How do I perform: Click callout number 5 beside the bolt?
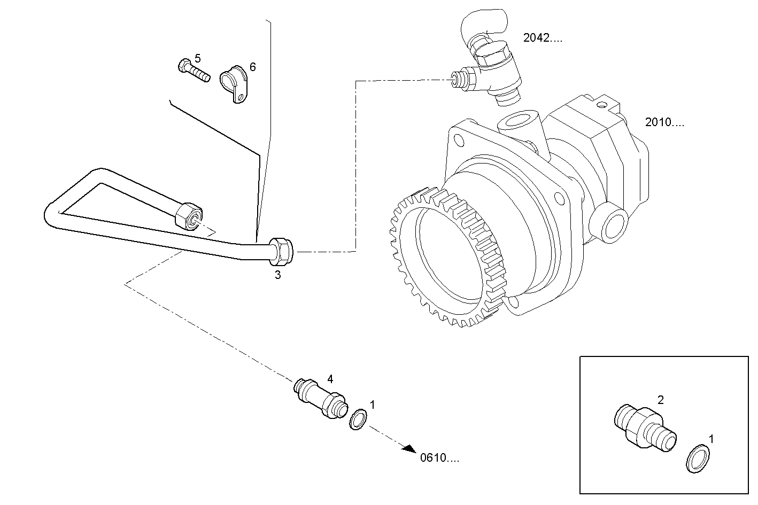[198, 58]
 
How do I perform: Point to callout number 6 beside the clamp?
[252, 67]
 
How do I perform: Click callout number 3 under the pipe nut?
[277, 275]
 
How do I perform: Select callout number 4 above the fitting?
[330, 379]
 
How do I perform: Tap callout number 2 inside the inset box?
[661, 400]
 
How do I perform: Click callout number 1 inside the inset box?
[711, 439]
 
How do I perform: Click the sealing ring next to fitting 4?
[358, 419]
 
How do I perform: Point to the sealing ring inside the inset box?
[698, 459]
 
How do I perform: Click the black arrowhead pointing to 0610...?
[409, 449]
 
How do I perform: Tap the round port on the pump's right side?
[614, 223]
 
